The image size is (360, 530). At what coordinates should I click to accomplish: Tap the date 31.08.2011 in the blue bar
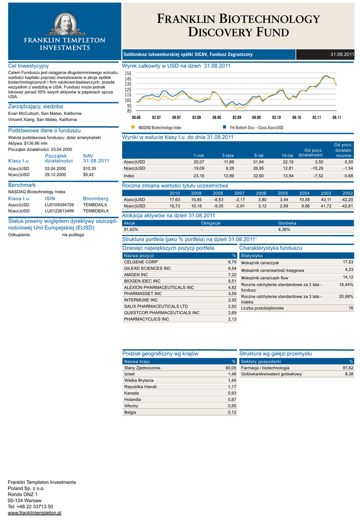[342, 54]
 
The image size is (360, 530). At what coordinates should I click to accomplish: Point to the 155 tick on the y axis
[128, 74]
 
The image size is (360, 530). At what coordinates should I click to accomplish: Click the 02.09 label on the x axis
[236, 117]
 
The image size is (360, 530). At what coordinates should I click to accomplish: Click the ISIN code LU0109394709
[59, 204]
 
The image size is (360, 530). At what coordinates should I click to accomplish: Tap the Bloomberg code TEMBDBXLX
[96, 211]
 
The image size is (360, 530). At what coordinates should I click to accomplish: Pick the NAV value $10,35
[89, 168]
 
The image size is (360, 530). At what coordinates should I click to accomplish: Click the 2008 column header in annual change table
[218, 193]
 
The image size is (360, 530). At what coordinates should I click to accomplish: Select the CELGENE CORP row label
[141, 262]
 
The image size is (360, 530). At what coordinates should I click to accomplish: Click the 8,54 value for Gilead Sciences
[232, 269]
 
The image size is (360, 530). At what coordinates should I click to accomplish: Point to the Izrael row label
[130, 374]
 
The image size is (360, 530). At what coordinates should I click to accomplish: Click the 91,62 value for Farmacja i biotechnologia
[348, 367]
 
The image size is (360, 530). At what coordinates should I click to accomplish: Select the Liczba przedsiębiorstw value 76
[351, 308]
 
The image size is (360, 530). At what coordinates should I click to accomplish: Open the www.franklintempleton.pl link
[35, 512]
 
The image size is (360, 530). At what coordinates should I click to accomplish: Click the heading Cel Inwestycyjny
[28, 66]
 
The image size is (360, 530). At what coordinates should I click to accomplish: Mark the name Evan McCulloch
[23, 113]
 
